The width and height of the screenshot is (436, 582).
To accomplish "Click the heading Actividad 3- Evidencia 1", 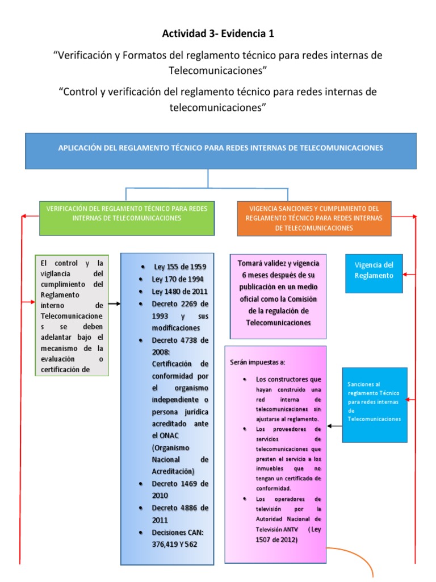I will point(218,34).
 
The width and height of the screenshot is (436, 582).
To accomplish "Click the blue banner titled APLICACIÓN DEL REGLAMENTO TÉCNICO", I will point(221,148).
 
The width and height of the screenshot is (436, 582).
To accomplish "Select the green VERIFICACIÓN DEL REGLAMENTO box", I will point(127,213).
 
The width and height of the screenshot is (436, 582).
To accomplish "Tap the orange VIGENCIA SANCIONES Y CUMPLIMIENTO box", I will point(314,218).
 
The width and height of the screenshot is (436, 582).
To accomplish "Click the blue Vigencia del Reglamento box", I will point(374,271).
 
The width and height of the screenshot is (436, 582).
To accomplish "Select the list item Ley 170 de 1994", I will point(177,279).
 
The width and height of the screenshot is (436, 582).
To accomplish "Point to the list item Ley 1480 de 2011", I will point(179,292).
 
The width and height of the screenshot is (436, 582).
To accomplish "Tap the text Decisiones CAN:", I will point(179,532).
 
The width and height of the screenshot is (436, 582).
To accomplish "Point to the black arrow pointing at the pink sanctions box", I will point(335,426).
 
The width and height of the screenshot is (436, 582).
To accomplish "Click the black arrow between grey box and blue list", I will point(114,304).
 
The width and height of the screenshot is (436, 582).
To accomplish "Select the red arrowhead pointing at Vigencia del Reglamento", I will point(405,275).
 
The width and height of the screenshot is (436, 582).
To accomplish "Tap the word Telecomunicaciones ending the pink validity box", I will point(278,322).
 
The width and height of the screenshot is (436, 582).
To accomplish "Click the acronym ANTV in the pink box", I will point(291,529).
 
